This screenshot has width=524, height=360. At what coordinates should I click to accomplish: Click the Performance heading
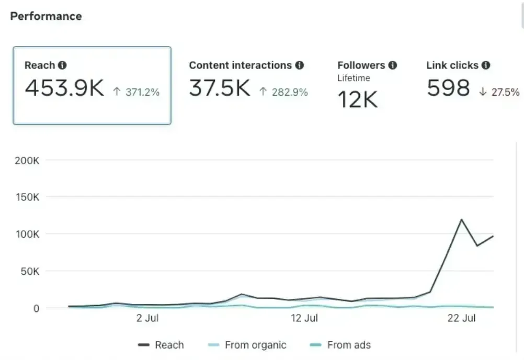point(46,16)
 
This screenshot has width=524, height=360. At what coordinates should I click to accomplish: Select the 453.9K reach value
point(64,88)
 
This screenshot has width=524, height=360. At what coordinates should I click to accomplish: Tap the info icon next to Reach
point(62,65)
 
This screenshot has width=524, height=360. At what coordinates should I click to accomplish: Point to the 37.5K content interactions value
point(220,88)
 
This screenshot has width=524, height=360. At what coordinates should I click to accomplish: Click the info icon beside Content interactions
point(299,65)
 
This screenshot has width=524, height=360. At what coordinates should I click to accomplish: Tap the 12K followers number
point(357,99)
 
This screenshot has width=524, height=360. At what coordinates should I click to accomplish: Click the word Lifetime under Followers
point(354,78)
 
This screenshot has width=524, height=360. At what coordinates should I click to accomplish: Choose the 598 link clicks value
point(448,88)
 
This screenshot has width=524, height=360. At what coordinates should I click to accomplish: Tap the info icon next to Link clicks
point(486,65)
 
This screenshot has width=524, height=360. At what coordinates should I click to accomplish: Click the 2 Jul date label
point(147,318)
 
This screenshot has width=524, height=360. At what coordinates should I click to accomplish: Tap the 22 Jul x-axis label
point(461,318)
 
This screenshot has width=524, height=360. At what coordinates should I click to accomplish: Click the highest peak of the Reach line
point(461,219)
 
